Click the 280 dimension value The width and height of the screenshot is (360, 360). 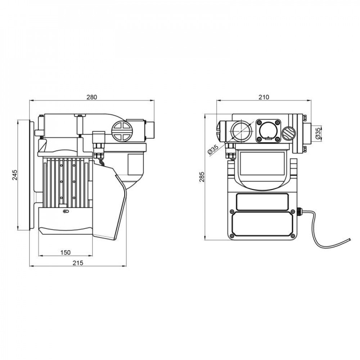tap(92, 97)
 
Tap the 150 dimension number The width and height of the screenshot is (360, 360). tap(65, 252)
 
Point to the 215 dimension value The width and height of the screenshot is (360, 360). tap(77, 263)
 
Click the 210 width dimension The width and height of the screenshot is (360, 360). tap(264, 97)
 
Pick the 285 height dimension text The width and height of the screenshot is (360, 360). tap(202, 177)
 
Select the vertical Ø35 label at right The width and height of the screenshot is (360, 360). tap(318, 133)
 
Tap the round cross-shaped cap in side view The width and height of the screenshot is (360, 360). tap(121, 131)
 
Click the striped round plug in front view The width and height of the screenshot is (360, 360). tap(288, 134)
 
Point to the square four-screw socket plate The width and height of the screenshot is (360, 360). tap(267, 130)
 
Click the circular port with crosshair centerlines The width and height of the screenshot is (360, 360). tap(240, 130)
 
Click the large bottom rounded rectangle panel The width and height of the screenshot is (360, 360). tap(262, 224)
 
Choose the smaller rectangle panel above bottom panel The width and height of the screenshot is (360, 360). tap(262, 201)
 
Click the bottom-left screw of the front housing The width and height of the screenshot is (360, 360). tap(232, 235)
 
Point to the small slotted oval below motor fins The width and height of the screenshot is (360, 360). tap(65, 211)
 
